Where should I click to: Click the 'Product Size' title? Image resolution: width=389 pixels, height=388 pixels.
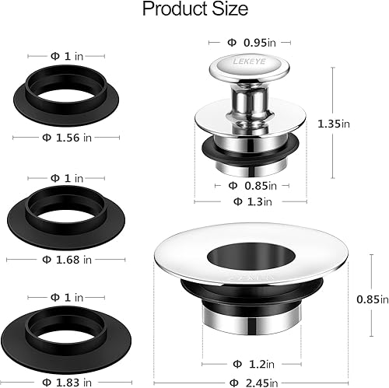point(194,10)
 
